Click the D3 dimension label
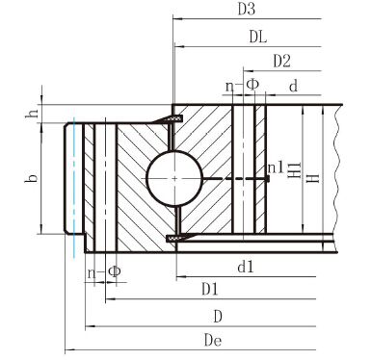(247, 10)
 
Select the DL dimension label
(258, 38)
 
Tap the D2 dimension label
(281, 61)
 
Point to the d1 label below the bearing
(246, 267)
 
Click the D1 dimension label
(210, 290)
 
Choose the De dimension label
(213, 340)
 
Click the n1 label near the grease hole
(276, 167)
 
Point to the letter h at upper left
(32, 114)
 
